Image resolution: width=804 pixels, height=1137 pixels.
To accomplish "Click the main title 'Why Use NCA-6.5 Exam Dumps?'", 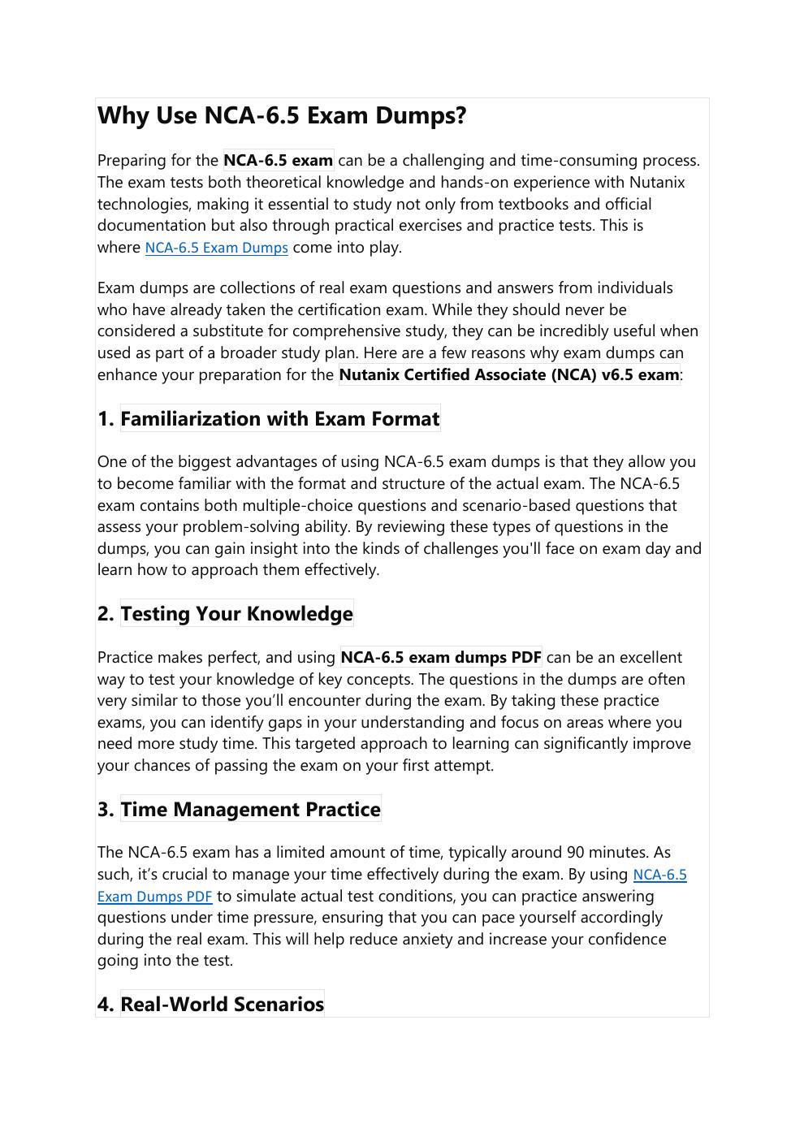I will (x=282, y=115).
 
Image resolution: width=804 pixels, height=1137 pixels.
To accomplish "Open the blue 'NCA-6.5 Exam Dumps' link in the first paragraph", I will (x=216, y=248).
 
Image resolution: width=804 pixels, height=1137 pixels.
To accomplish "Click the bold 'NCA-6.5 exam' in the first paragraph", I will (x=278, y=160).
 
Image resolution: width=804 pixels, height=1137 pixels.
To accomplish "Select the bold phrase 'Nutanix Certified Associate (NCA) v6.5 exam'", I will (x=508, y=374).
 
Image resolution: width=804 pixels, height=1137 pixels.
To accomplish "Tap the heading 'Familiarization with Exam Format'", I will (x=280, y=419).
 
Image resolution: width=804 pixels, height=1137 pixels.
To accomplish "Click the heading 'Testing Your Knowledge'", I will (x=236, y=614).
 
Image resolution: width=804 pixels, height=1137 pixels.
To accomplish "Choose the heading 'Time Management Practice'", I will (x=250, y=810).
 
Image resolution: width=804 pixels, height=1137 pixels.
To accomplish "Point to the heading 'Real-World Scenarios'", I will (x=222, y=1005).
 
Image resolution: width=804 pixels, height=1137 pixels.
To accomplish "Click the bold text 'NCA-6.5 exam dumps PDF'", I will (x=440, y=657).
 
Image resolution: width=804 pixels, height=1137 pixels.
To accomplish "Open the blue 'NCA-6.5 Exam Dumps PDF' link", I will (x=154, y=897).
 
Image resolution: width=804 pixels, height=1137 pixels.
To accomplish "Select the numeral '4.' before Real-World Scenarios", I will (x=106, y=1005).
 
